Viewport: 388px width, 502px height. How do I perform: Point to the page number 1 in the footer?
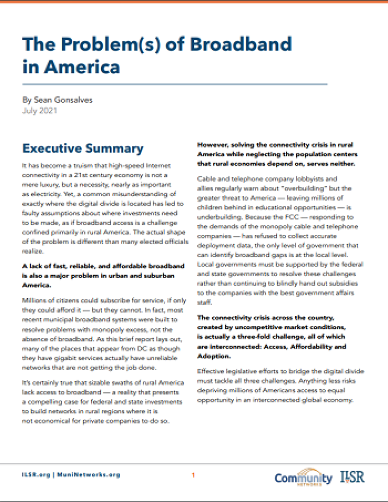[x=193, y=475]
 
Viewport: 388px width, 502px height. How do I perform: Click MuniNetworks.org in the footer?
[x=89, y=475]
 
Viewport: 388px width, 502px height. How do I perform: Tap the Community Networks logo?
[x=303, y=477]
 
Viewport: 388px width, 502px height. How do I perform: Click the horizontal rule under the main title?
[x=175, y=84]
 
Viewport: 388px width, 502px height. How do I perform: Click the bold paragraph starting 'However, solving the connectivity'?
[x=277, y=155]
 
